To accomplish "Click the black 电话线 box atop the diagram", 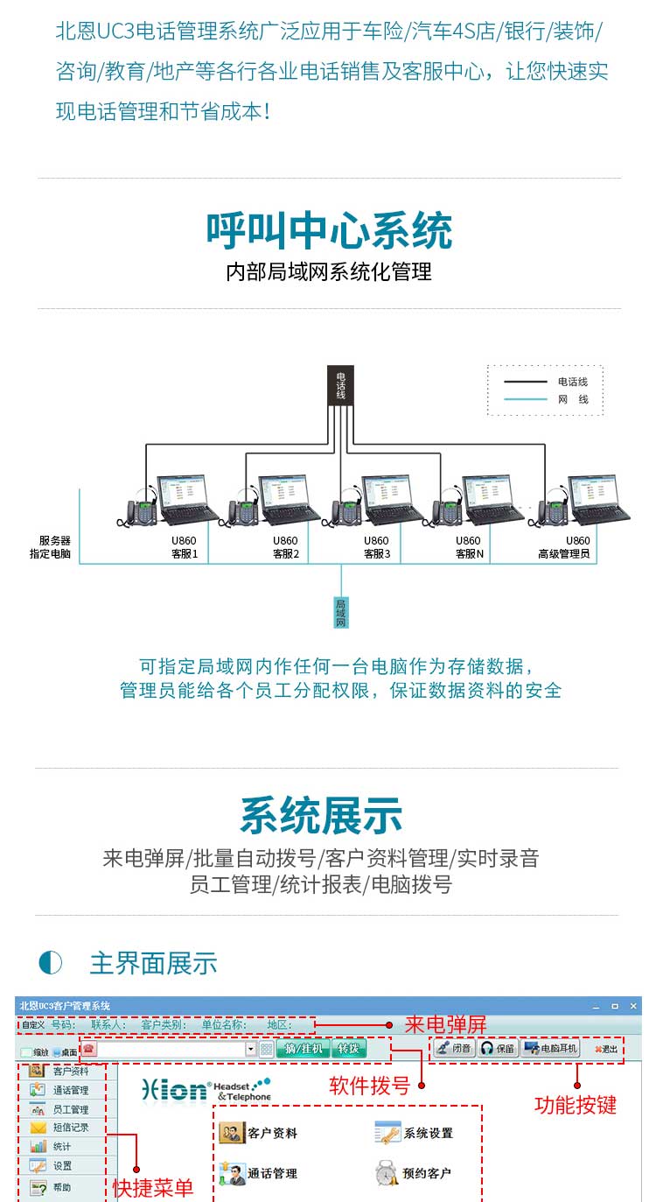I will tap(340, 385).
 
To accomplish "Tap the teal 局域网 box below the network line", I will tap(341, 612).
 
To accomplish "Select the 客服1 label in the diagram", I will tap(185, 553).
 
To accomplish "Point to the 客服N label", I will tap(469, 553).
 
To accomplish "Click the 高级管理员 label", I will tap(564, 553).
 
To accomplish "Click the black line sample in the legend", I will tap(525, 382).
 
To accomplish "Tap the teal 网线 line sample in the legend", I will tap(525, 399).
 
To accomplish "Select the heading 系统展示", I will tap(321, 816).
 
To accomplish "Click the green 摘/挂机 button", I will tap(304, 1048).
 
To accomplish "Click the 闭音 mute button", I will tap(455, 1048).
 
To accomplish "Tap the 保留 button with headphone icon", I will tap(498, 1048).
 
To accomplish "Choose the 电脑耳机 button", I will tap(551, 1048).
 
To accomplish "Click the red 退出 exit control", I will tap(606, 1049).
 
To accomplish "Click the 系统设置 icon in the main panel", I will tap(387, 1132).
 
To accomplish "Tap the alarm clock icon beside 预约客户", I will tap(387, 1173).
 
